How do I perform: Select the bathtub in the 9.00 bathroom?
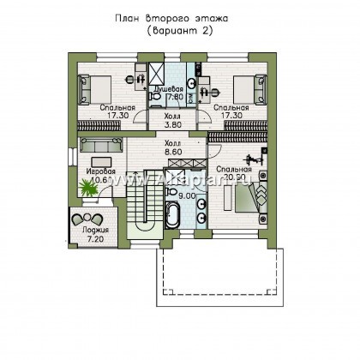(x=171, y=212)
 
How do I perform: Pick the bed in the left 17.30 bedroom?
(x=93, y=85)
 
